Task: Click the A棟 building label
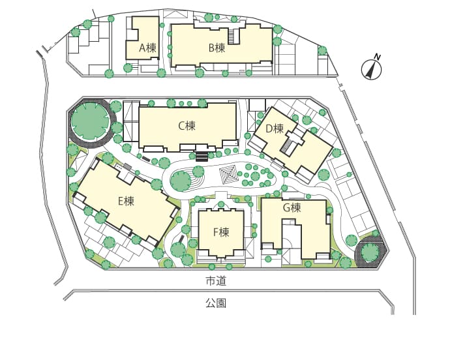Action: tap(147, 48)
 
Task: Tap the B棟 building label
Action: tap(217, 48)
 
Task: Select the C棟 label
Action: tap(187, 125)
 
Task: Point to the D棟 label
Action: tap(275, 128)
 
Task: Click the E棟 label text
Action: tap(126, 201)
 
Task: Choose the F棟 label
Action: tap(221, 232)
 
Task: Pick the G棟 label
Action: tap(292, 207)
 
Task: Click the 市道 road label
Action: tap(216, 281)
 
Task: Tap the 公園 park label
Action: tap(216, 303)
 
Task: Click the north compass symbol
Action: tap(371, 70)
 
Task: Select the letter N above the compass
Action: tap(378, 57)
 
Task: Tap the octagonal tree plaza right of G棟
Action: tap(370, 252)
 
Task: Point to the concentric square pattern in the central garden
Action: tap(228, 173)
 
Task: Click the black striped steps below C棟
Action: tap(202, 157)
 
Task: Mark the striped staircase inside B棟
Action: tap(233, 37)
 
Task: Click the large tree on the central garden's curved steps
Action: tap(181, 181)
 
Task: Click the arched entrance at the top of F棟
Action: tap(221, 205)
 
